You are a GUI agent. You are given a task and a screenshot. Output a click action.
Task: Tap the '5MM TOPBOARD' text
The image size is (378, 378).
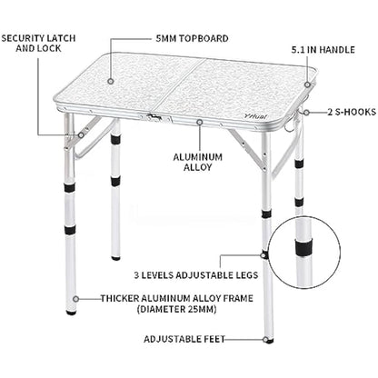192,40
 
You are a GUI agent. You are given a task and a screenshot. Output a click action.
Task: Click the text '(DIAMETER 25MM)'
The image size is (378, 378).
181,308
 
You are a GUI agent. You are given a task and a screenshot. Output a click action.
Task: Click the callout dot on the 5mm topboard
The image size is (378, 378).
111,81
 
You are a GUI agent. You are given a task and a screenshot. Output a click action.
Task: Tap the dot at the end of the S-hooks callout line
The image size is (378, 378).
305,113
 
